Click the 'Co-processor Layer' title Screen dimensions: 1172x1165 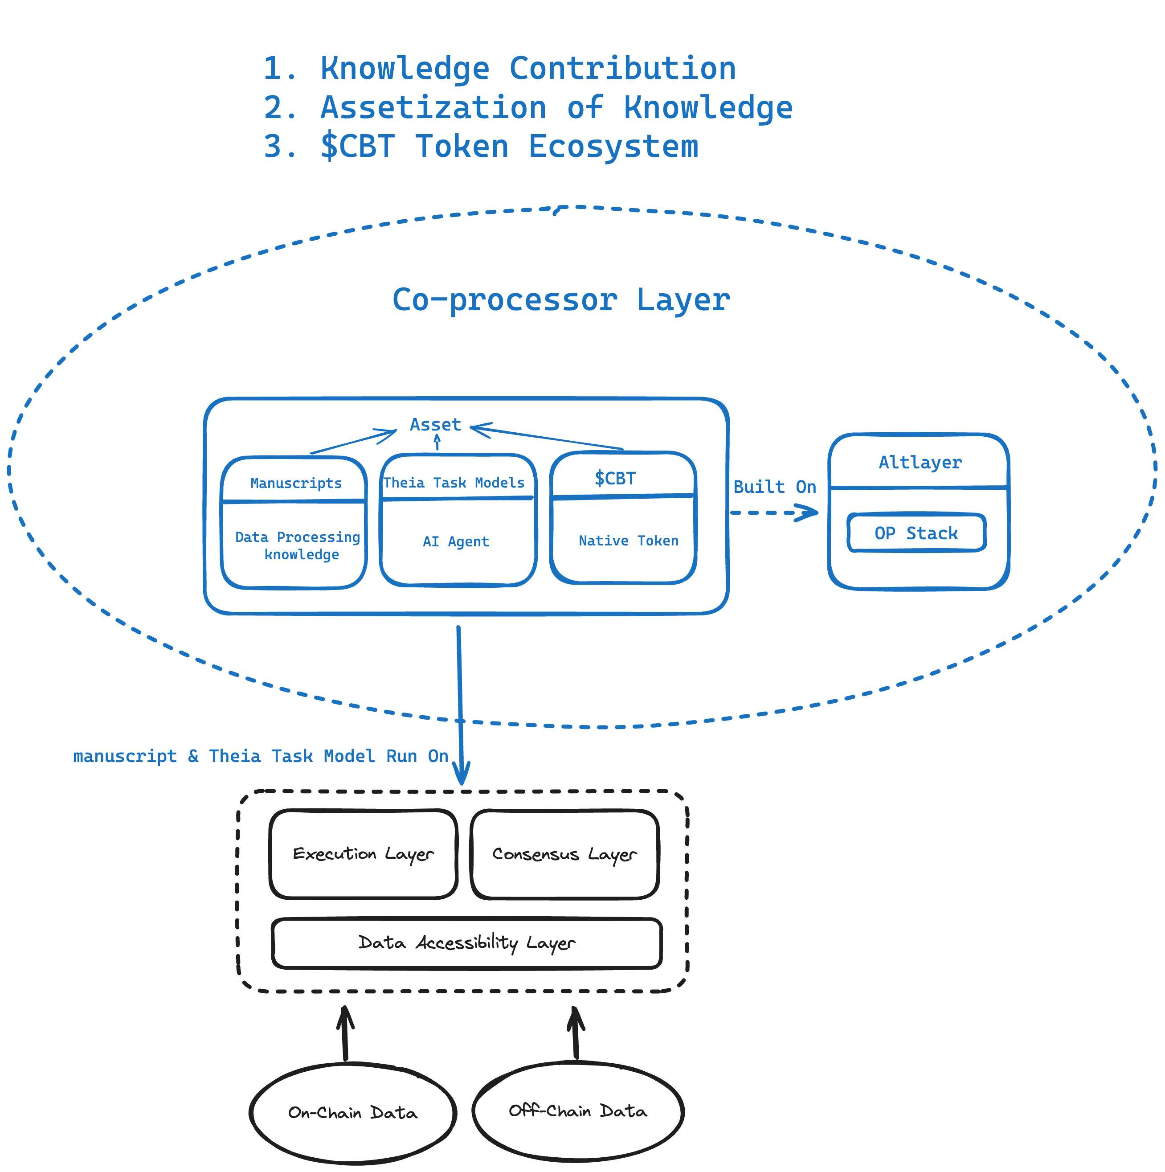coord(561,299)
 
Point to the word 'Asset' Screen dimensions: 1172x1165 coord(435,425)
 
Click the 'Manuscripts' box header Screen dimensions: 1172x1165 coord(295,483)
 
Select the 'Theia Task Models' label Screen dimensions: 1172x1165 coord(454,482)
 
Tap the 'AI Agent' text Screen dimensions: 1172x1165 coord(455,541)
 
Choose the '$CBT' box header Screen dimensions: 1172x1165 coord(615,478)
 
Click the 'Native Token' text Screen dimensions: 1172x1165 coord(628,541)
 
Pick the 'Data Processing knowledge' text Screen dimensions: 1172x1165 coord(297,545)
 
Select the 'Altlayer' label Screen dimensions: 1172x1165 coord(920,462)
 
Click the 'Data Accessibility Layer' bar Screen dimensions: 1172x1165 coord(466,943)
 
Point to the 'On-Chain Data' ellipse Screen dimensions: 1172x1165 coord(352,1113)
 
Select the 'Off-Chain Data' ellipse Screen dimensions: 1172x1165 coord(577,1111)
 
